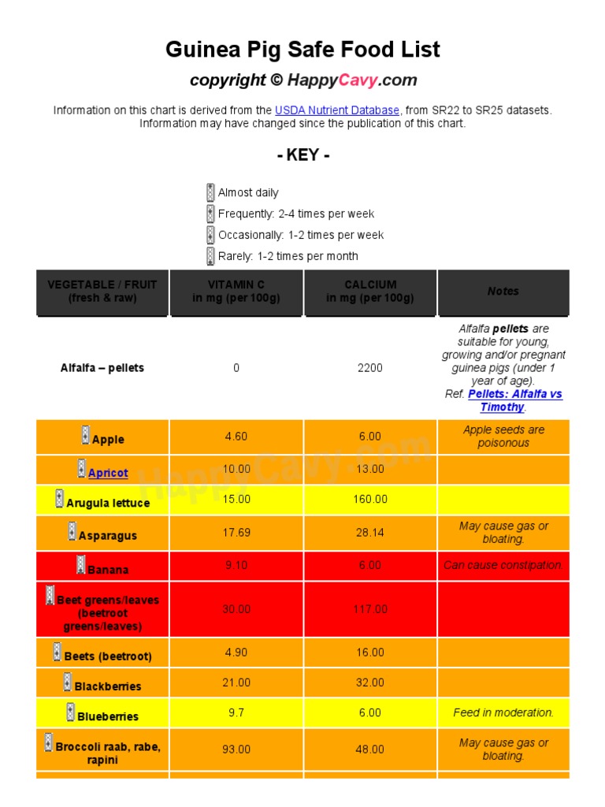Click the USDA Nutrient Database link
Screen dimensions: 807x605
click(337, 110)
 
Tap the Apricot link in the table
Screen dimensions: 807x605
click(108, 473)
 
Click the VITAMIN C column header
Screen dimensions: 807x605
click(236, 292)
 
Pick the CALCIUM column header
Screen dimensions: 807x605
click(370, 292)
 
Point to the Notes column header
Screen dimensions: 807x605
click(503, 292)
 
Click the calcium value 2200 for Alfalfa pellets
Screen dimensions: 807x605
click(370, 368)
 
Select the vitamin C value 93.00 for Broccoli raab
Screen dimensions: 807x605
click(236, 749)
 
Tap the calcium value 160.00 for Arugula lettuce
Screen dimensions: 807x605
click(370, 499)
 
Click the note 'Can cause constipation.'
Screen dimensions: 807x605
click(503, 565)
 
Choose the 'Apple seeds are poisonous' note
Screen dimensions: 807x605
click(503, 437)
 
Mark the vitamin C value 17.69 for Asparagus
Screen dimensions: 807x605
click(236, 533)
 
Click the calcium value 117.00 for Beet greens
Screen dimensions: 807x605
click(370, 609)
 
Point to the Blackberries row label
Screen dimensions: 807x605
click(108, 686)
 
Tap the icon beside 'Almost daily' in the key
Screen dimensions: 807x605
click(210, 192)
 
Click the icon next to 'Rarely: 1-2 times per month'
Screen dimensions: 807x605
click(210, 256)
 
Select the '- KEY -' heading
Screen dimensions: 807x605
click(303, 155)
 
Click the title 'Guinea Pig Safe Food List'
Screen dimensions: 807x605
click(302, 50)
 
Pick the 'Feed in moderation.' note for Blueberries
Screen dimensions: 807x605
click(503, 712)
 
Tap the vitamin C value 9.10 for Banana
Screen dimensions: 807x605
click(236, 565)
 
